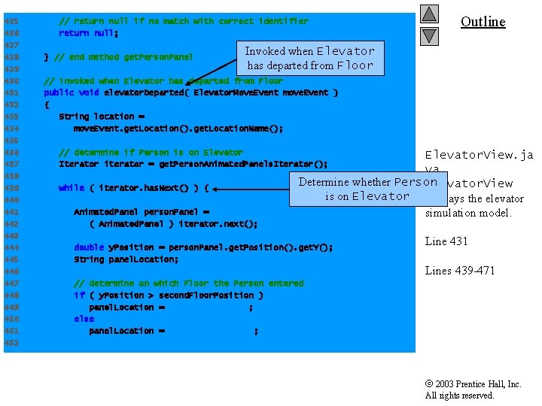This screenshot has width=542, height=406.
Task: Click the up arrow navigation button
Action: coord(429,14)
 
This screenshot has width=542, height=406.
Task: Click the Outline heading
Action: coord(483,21)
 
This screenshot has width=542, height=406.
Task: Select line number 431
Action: coord(11,92)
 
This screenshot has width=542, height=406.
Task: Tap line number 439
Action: coord(11,188)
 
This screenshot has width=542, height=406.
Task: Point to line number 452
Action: coord(11,344)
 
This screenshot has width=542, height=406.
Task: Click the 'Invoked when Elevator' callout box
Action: coord(309,58)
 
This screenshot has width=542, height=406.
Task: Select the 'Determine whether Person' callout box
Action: coord(367,189)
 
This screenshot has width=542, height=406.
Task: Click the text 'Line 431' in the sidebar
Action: coord(446,241)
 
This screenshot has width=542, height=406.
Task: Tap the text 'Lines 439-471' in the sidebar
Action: coord(460,271)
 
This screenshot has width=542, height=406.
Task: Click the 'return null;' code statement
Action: coord(89,33)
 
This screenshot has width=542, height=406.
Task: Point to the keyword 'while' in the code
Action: coord(72,188)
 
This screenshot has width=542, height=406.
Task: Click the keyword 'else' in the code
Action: coord(84,320)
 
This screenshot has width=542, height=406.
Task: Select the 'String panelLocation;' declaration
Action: coord(126,259)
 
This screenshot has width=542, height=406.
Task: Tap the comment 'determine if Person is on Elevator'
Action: coord(158,153)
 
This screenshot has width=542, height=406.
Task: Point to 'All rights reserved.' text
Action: coord(459,395)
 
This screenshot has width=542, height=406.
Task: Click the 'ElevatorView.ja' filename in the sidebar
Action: coord(479,155)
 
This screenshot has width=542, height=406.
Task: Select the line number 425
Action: coord(11,21)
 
